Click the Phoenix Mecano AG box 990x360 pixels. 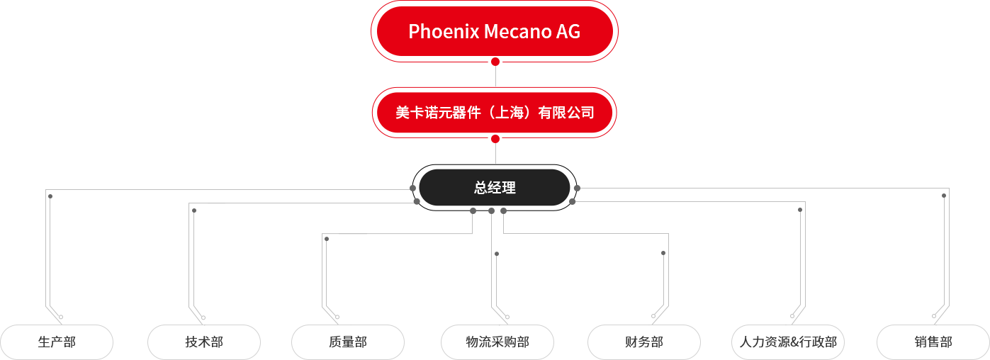pyautogui.click(x=495, y=31)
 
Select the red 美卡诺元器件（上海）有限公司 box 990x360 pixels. pyautogui.click(x=495, y=113)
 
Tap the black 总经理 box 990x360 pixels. pyautogui.click(x=495, y=188)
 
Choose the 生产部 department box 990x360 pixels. pyautogui.click(x=57, y=342)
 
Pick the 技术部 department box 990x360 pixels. pyautogui.click(x=204, y=342)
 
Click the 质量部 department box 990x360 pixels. pyautogui.click(x=348, y=342)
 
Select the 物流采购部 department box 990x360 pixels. pyautogui.click(x=497, y=342)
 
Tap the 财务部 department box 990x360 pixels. pyautogui.click(x=644, y=342)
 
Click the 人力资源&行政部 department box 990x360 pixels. pyautogui.click(x=788, y=342)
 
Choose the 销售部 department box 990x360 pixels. pyautogui.click(x=933, y=342)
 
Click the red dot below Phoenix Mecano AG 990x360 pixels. pyautogui.click(x=495, y=62)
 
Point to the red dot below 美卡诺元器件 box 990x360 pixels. pyautogui.click(x=495, y=139)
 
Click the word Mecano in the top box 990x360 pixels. pyautogui.click(x=517, y=31)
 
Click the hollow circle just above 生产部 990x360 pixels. pyautogui.click(x=61, y=317)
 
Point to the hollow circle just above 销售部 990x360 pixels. pyautogui.click(x=934, y=316)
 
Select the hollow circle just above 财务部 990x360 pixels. pyautogui.click(x=653, y=316)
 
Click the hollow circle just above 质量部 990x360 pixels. pyautogui.click(x=337, y=317)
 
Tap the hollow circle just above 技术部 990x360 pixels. pyautogui.click(x=203, y=317)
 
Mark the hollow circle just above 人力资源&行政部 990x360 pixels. pyautogui.click(x=792, y=316)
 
